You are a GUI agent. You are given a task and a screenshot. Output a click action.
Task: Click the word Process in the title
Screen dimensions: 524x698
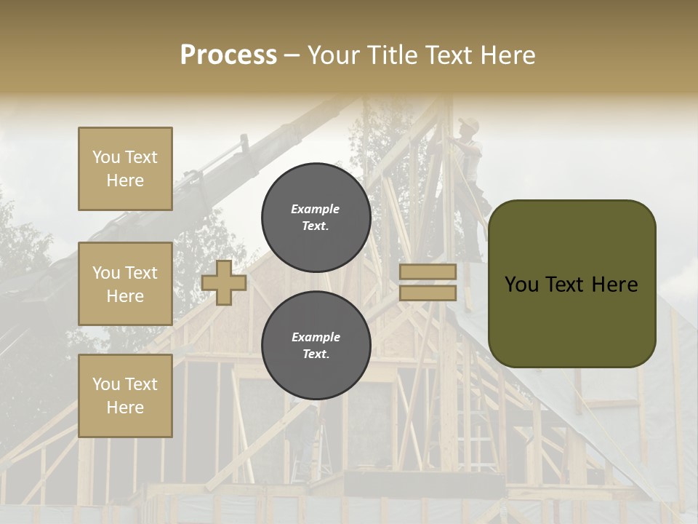tap(228, 55)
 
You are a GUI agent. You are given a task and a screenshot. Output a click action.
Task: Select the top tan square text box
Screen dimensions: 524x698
tap(125, 169)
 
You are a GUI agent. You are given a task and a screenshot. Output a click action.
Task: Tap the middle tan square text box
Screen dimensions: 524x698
tap(125, 284)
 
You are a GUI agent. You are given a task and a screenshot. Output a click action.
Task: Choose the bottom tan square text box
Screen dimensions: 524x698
tap(125, 396)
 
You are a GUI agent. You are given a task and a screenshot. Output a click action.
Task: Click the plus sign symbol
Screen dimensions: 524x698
tap(224, 283)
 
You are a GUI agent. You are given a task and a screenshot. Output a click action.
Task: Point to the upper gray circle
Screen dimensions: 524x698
tap(316, 218)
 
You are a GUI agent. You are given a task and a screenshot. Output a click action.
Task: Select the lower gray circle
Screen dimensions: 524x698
tap(316, 346)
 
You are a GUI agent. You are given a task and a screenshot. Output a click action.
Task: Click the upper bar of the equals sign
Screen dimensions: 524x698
tap(428, 272)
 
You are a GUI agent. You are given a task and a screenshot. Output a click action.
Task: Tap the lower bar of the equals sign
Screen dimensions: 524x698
tap(428, 293)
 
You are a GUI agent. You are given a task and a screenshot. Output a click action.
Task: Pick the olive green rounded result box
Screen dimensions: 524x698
tap(571, 283)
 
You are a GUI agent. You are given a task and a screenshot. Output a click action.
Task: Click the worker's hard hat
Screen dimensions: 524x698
tap(469, 124)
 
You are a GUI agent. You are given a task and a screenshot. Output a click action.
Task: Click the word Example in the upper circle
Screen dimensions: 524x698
tap(316, 210)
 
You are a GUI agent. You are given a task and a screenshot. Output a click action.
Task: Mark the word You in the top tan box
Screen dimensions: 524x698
tap(105, 157)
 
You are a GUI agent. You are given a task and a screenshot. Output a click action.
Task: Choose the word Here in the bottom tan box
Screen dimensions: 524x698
tap(125, 408)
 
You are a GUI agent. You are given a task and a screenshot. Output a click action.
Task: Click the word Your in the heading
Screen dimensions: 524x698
tap(334, 55)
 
